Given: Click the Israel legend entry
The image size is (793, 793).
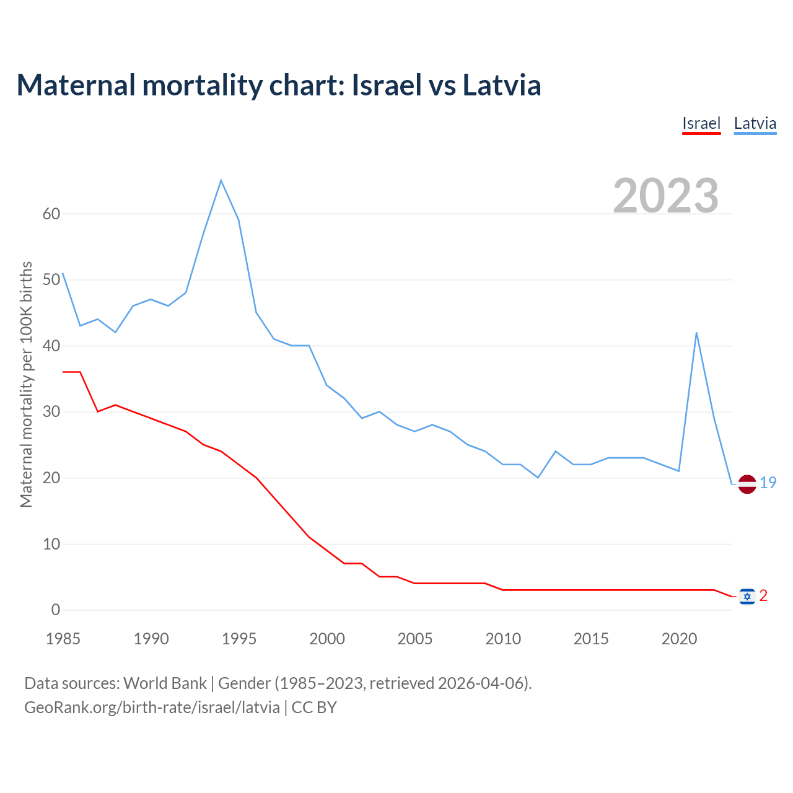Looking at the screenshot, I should [701, 123].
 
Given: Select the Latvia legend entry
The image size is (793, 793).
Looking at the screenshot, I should [755, 123].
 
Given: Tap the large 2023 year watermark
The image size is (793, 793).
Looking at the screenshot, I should [666, 196].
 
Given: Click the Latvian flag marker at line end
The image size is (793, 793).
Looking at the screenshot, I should [747, 484].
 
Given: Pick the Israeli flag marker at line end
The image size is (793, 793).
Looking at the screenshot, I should [747, 596].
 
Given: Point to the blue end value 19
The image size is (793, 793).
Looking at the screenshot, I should [768, 483].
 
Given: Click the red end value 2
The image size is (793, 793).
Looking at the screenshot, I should [763, 595].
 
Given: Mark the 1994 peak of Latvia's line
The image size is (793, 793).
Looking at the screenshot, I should [221, 180].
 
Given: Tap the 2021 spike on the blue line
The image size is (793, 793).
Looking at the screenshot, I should [696, 333].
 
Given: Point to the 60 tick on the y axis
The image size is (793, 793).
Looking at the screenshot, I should [51, 214].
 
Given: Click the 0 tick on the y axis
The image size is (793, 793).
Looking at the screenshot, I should [56, 610].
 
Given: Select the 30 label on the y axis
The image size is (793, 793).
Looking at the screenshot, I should [51, 412].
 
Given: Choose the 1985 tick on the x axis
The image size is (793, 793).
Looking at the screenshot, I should [63, 639].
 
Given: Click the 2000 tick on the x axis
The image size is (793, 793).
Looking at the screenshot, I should [327, 639].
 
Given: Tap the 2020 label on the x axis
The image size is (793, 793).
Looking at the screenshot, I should [679, 639].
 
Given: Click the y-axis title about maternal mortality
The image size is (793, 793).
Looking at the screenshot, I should [27, 384].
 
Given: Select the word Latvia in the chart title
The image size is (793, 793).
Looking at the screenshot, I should [502, 85].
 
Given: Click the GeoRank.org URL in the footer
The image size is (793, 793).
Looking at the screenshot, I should [152, 707].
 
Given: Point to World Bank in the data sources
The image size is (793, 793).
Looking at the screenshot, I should [165, 683].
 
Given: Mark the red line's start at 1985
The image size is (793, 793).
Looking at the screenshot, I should [63, 372].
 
